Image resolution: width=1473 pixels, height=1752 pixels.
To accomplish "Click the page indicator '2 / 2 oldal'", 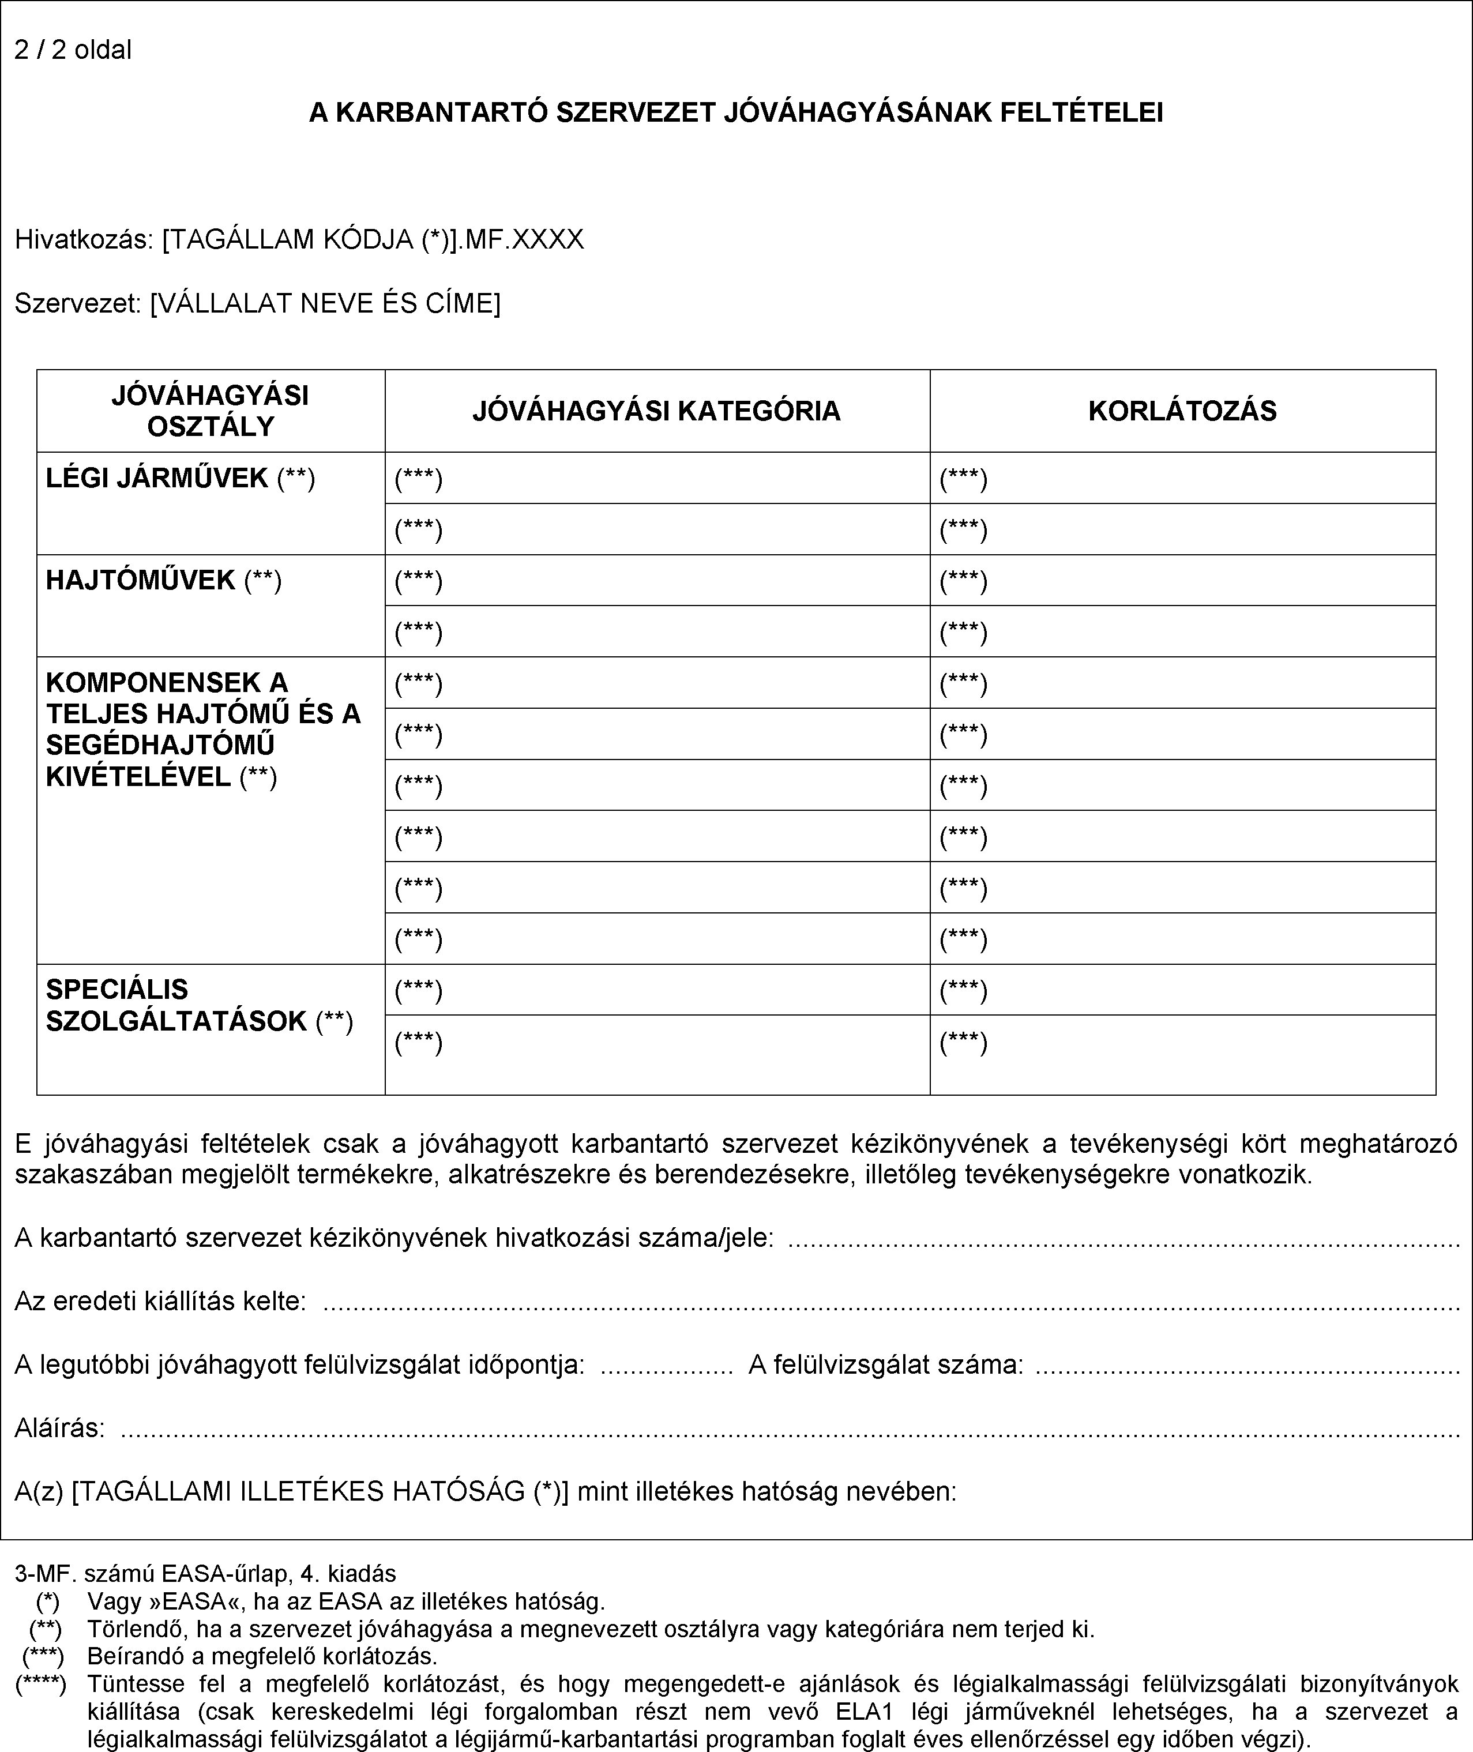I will tap(73, 50).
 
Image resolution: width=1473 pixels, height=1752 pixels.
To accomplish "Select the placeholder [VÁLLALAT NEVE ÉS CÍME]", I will tap(326, 303).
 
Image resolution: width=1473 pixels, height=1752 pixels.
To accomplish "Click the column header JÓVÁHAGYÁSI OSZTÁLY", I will tap(211, 411).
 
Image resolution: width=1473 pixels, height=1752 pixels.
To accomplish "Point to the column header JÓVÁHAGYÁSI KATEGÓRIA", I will tap(656, 411).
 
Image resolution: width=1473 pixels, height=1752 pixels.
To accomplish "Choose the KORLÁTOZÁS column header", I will tap(1182, 411).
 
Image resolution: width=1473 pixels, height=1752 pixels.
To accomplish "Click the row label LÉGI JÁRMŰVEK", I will tap(157, 479).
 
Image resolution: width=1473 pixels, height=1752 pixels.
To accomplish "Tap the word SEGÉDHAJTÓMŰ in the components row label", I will tap(160, 745).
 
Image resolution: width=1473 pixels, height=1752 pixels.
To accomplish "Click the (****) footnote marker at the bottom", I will tap(41, 1683).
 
